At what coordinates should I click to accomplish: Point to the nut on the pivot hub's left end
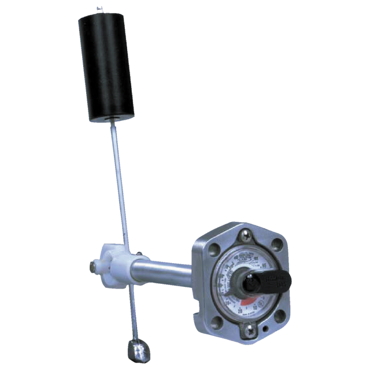click(93, 267)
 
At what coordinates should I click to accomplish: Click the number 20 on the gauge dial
click(240, 310)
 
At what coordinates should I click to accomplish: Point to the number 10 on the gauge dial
click(255, 307)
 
